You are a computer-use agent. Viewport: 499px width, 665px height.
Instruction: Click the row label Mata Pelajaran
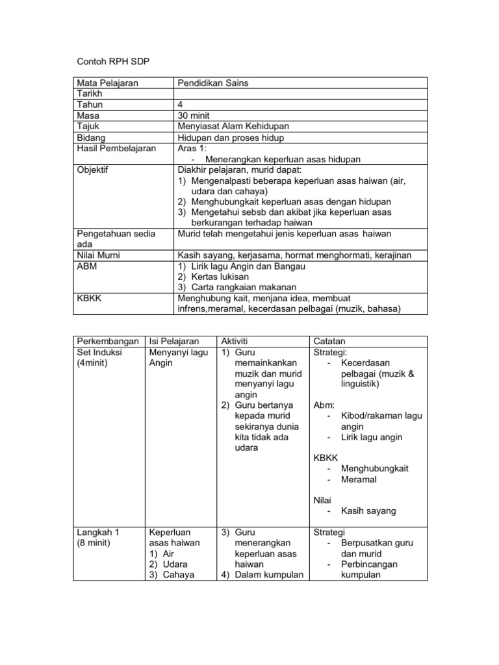point(108,83)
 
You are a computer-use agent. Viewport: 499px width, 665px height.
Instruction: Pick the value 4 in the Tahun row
point(180,105)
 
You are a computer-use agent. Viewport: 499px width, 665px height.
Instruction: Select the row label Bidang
point(91,138)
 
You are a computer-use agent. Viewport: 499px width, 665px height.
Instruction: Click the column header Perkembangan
point(108,341)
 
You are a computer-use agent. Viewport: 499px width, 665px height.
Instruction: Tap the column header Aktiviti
point(235,341)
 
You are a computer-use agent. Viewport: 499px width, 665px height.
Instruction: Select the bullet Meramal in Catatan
point(358,479)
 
